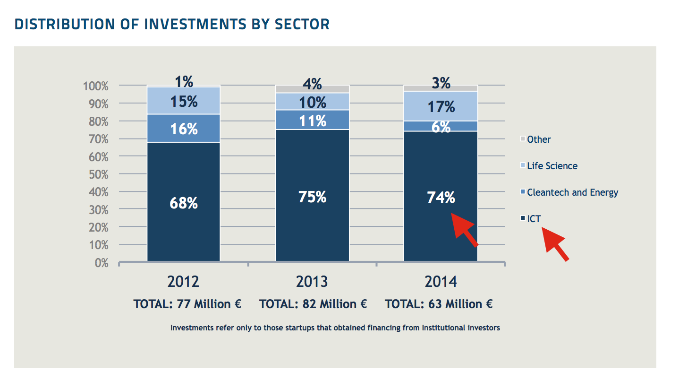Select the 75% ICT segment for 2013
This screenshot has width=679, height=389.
tap(312, 196)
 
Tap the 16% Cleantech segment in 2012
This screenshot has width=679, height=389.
tap(184, 128)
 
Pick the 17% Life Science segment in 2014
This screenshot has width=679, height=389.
tap(441, 106)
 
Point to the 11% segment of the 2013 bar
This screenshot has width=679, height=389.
tap(312, 120)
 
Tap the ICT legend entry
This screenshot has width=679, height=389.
tap(534, 219)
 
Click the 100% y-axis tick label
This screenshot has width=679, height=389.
tap(96, 86)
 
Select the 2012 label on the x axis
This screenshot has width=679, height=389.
tap(183, 282)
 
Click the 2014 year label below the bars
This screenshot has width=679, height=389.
tap(441, 282)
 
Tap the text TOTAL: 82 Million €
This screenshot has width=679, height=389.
tap(313, 304)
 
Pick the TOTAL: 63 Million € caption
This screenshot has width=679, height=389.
tap(439, 304)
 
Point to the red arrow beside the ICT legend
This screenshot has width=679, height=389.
tap(555, 243)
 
